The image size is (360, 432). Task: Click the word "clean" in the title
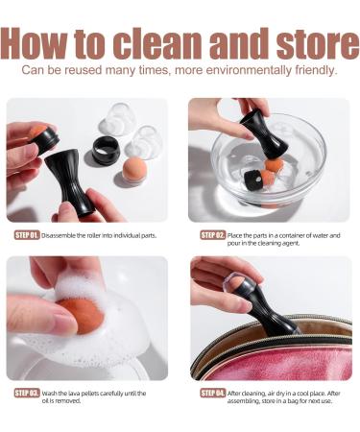157,43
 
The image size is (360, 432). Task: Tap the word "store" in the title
317,43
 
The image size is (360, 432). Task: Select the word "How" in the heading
35,43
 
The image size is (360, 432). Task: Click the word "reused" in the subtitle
83,70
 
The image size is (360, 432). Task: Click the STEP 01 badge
27,235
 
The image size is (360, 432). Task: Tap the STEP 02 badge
213,235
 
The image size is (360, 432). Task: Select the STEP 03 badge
27,393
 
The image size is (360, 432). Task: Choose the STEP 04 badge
213,393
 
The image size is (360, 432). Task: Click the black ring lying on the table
106,150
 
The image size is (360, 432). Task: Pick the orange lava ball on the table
135,170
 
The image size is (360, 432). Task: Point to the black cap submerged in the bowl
253,180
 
